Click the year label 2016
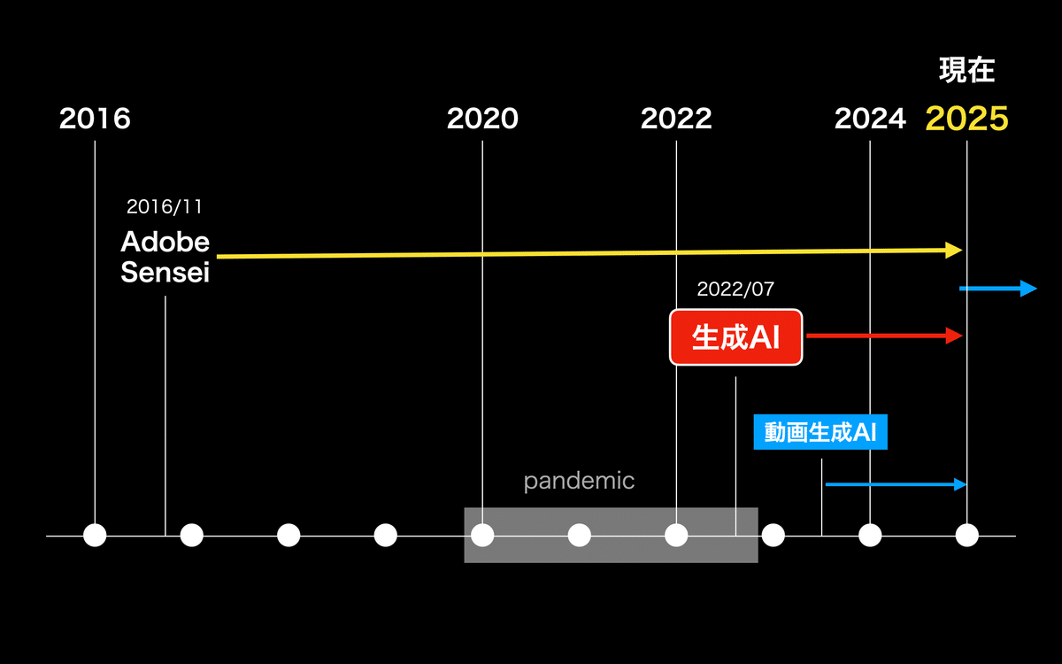[95, 118]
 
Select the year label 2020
[482, 118]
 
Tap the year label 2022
[676, 118]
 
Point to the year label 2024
[870, 118]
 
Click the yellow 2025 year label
[966, 118]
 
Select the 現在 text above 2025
[966, 70]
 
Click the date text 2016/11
[165, 207]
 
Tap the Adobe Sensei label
[165, 257]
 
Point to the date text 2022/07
[735, 289]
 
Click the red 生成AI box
[735, 337]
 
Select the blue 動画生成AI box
[820, 432]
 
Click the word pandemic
[579, 482]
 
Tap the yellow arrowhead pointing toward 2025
[953, 250]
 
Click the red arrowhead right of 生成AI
[954, 336]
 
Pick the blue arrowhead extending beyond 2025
[1028, 289]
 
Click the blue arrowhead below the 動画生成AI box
[960, 484]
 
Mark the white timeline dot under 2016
[95, 536]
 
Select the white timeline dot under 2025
[966, 536]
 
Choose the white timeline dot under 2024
[870, 536]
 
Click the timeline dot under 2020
[482, 536]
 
